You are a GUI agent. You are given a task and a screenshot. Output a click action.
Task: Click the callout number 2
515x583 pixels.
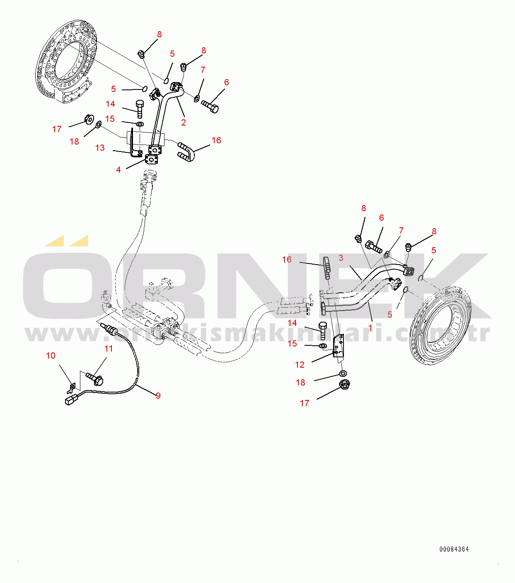point(184,123)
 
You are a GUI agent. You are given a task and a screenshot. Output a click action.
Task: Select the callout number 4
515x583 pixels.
point(118,170)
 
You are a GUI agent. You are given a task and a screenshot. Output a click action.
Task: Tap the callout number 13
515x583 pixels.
point(100,148)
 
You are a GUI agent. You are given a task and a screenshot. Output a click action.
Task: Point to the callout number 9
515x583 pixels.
point(158,396)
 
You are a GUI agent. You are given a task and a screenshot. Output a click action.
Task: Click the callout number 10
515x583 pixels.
point(51,356)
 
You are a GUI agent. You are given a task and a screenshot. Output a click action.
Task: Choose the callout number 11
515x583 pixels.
point(109,349)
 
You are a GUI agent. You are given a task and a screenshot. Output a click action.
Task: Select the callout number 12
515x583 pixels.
point(300,365)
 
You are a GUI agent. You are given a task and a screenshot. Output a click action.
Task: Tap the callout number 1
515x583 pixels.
point(370,328)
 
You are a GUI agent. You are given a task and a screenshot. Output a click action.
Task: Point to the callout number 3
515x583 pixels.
point(341,258)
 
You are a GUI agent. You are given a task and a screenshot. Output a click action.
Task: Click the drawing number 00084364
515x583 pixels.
point(454,549)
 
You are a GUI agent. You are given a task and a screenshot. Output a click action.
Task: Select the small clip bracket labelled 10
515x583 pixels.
point(71,388)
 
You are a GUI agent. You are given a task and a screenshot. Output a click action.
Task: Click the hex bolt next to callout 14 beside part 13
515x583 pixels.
point(140,108)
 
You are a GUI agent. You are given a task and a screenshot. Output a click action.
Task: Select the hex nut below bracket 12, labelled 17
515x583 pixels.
point(343,385)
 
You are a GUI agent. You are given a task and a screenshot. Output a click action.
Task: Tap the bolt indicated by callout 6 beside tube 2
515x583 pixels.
point(210,106)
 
